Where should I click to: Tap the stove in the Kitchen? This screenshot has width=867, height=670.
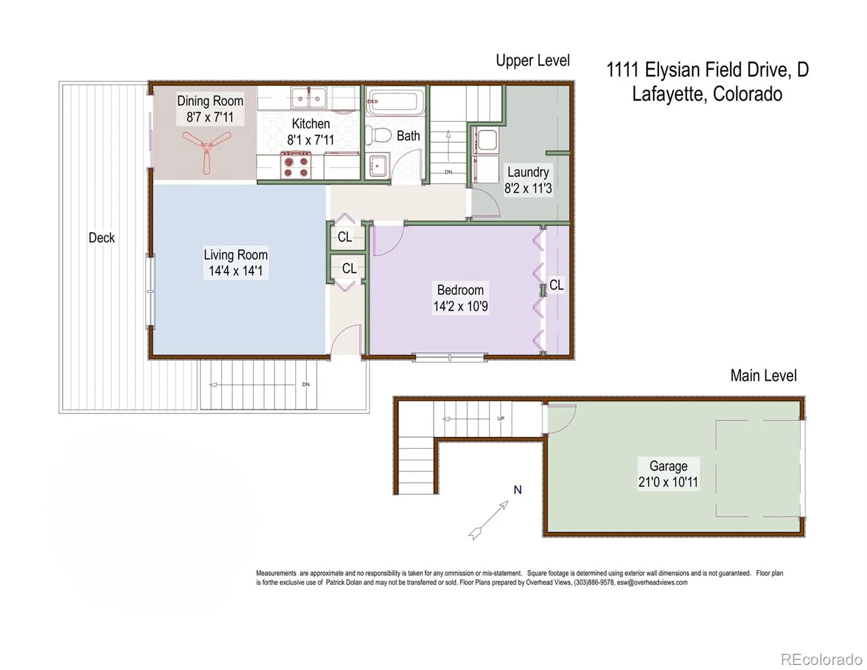296,165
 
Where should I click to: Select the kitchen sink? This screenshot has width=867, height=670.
308,97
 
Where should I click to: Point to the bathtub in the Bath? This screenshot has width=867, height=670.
395,102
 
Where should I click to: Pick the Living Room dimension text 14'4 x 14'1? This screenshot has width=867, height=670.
236,271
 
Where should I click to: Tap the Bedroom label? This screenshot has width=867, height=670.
460,290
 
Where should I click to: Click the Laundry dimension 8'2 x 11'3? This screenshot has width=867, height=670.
528,188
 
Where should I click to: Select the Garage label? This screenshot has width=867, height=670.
668,466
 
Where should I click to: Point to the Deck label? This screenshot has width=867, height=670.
102,238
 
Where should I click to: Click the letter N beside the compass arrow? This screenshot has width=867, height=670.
518,490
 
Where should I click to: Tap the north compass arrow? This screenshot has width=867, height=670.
488,520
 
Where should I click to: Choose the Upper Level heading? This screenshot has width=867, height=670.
533,60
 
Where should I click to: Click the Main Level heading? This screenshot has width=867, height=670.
763,376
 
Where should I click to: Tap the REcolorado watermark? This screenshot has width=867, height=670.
821,658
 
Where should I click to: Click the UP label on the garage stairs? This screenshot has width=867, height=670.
501,418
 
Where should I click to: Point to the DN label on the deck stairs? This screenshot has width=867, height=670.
305,384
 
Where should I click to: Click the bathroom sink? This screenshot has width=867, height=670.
377,165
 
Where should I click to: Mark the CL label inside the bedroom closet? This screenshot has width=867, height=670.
556,285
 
